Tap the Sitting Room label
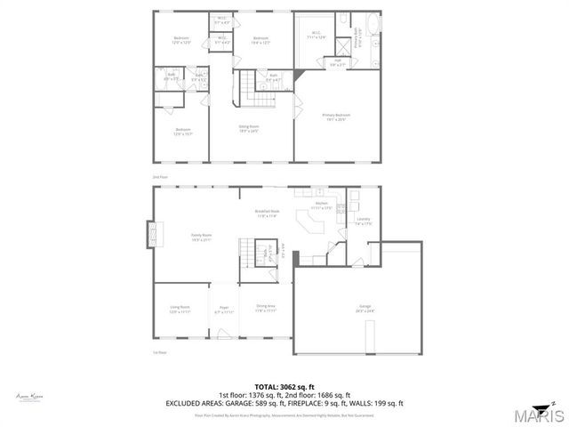tap(248, 128)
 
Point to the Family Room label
tap(201, 237)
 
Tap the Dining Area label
tap(265, 309)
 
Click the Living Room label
tap(180, 309)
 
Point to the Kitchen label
tap(322, 205)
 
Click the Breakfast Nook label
tap(268, 213)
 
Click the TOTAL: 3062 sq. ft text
tap(284, 387)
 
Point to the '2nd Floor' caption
tap(159, 177)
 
